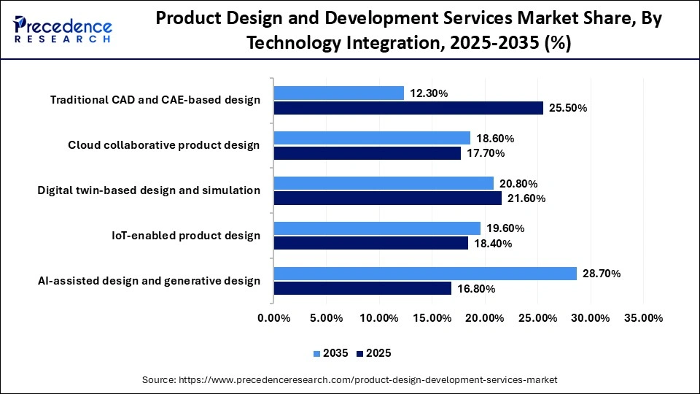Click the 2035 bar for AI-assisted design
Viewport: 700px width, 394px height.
point(425,274)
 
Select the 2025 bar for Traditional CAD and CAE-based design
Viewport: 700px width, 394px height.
point(408,108)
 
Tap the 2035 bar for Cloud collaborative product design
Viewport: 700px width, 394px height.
point(372,138)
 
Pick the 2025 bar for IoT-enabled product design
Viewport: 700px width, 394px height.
point(370,243)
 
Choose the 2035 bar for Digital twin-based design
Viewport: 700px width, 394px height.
point(384,183)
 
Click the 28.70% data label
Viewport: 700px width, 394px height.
point(601,274)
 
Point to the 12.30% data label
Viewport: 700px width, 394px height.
point(428,93)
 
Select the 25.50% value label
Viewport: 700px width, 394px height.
point(567,108)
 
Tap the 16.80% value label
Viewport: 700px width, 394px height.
point(475,289)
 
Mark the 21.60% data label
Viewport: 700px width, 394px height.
point(526,198)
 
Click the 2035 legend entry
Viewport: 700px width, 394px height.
point(332,353)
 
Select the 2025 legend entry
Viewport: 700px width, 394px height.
point(374,353)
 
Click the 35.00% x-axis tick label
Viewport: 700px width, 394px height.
point(643,318)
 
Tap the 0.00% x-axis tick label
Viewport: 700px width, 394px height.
point(273,318)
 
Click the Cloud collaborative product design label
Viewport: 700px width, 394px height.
point(164,144)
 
